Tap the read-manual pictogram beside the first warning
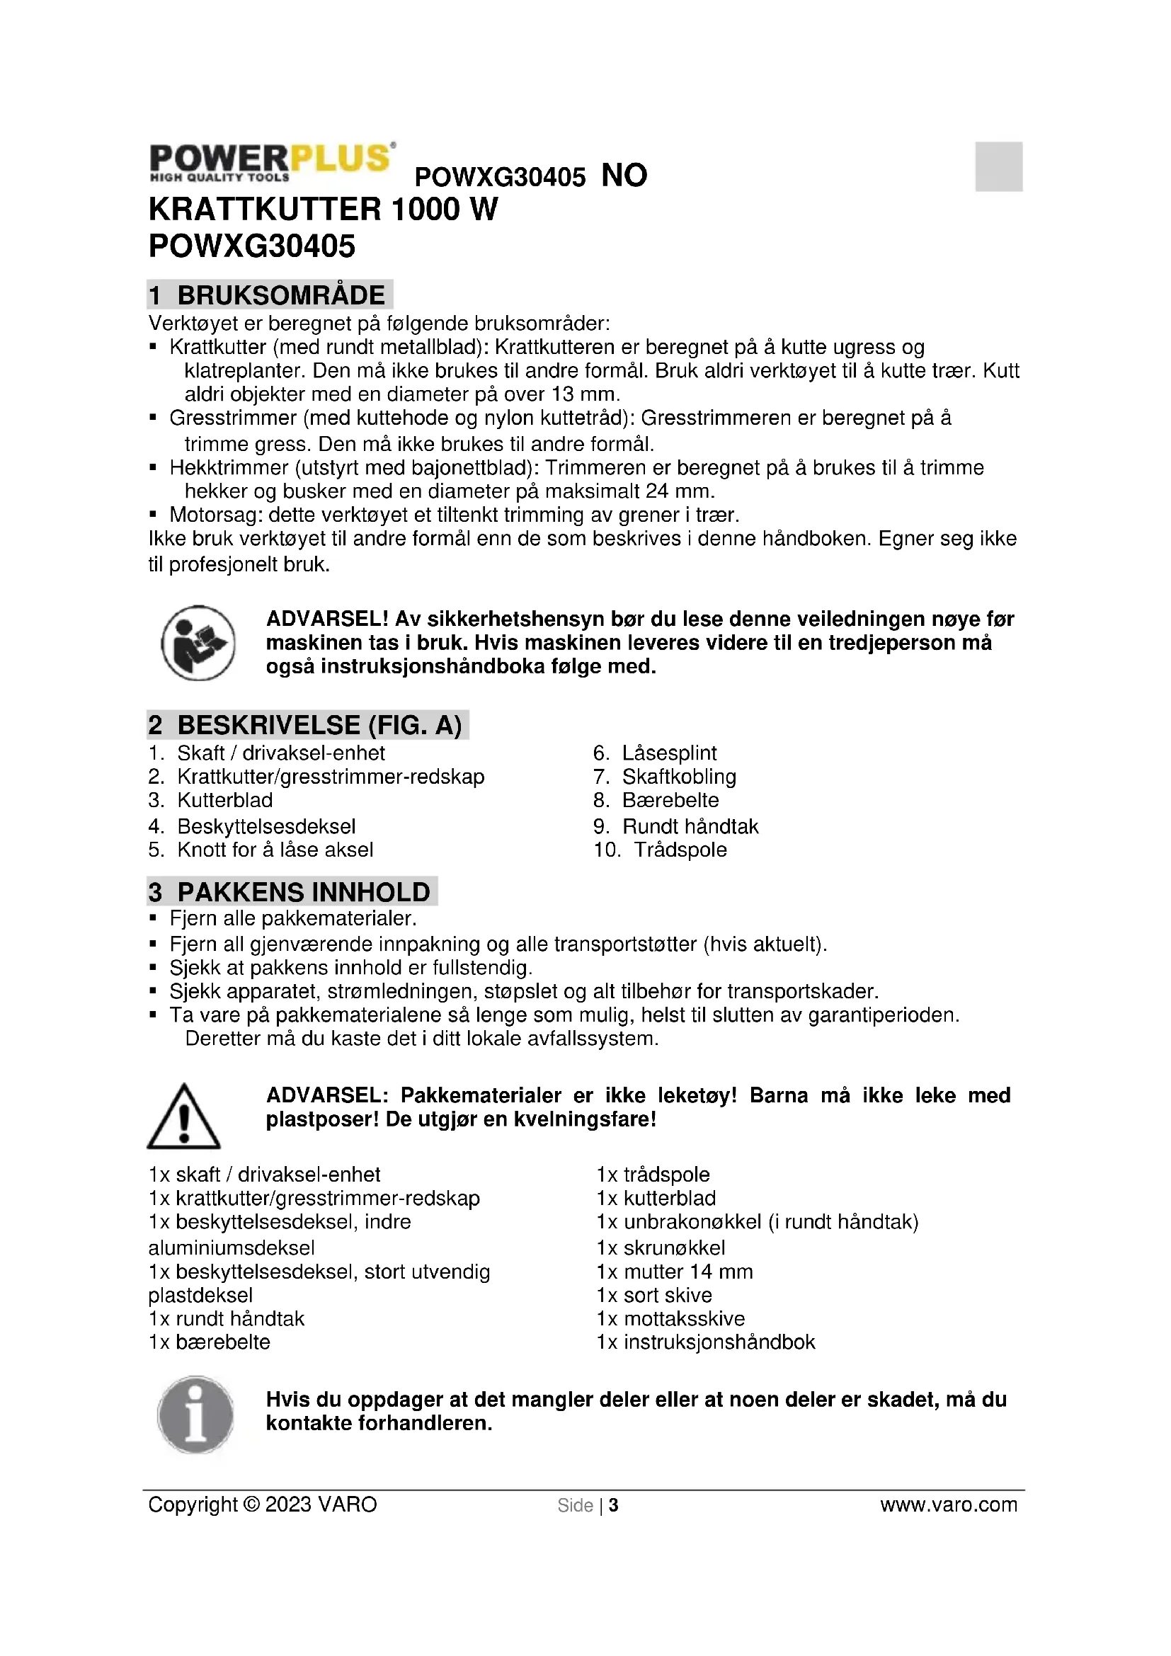[198, 643]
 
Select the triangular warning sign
[184, 1117]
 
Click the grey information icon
[195, 1415]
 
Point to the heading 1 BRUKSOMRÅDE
[270, 295]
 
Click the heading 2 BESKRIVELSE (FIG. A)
[308, 725]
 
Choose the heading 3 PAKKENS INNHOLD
[292, 892]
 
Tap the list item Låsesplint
[669, 753]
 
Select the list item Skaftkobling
[678, 777]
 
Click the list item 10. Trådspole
[660, 850]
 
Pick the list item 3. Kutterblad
[210, 801]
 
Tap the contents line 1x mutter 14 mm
[674, 1272]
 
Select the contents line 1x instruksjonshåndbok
[705, 1342]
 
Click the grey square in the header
[999, 166]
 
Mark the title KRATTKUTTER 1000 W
[323, 210]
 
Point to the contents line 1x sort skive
[654, 1296]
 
